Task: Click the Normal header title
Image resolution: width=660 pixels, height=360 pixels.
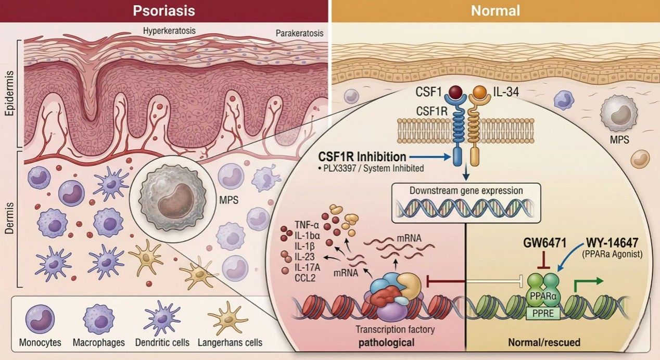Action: coord(495,10)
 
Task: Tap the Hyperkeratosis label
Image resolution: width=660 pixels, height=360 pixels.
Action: coord(169,30)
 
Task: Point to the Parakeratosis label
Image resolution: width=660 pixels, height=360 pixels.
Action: coord(299,33)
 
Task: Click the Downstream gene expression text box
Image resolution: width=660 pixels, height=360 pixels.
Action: coord(466,191)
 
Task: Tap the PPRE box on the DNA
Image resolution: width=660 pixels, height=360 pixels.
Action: coord(543,313)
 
